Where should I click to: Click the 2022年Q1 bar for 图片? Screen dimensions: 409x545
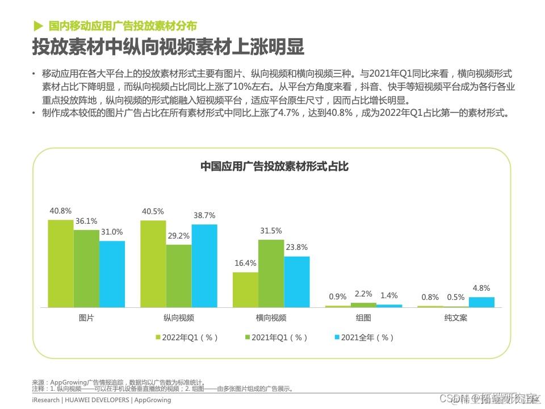(60, 263)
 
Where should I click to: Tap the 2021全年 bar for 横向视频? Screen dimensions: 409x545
(297, 282)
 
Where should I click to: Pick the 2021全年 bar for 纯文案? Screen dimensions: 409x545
(481, 302)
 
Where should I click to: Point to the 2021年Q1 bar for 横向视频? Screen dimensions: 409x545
(271, 273)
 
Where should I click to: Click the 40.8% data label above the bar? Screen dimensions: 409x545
(60, 211)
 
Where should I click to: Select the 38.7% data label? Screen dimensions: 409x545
(204, 216)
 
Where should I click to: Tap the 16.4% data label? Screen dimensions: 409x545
(246, 263)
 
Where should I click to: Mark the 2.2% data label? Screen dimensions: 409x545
(363, 294)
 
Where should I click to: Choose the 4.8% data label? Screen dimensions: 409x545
(481, 288)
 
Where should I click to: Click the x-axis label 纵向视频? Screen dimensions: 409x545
(179, 318)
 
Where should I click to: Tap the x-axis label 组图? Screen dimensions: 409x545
(363, 318)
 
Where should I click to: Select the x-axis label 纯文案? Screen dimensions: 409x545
(456, 318)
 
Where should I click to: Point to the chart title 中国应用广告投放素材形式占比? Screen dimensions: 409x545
(274, 166)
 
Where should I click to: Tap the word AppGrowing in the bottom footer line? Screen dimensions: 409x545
(152, 400)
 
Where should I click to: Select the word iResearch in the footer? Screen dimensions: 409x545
(45, 400)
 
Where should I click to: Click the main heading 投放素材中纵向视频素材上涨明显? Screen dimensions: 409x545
(167, 47)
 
